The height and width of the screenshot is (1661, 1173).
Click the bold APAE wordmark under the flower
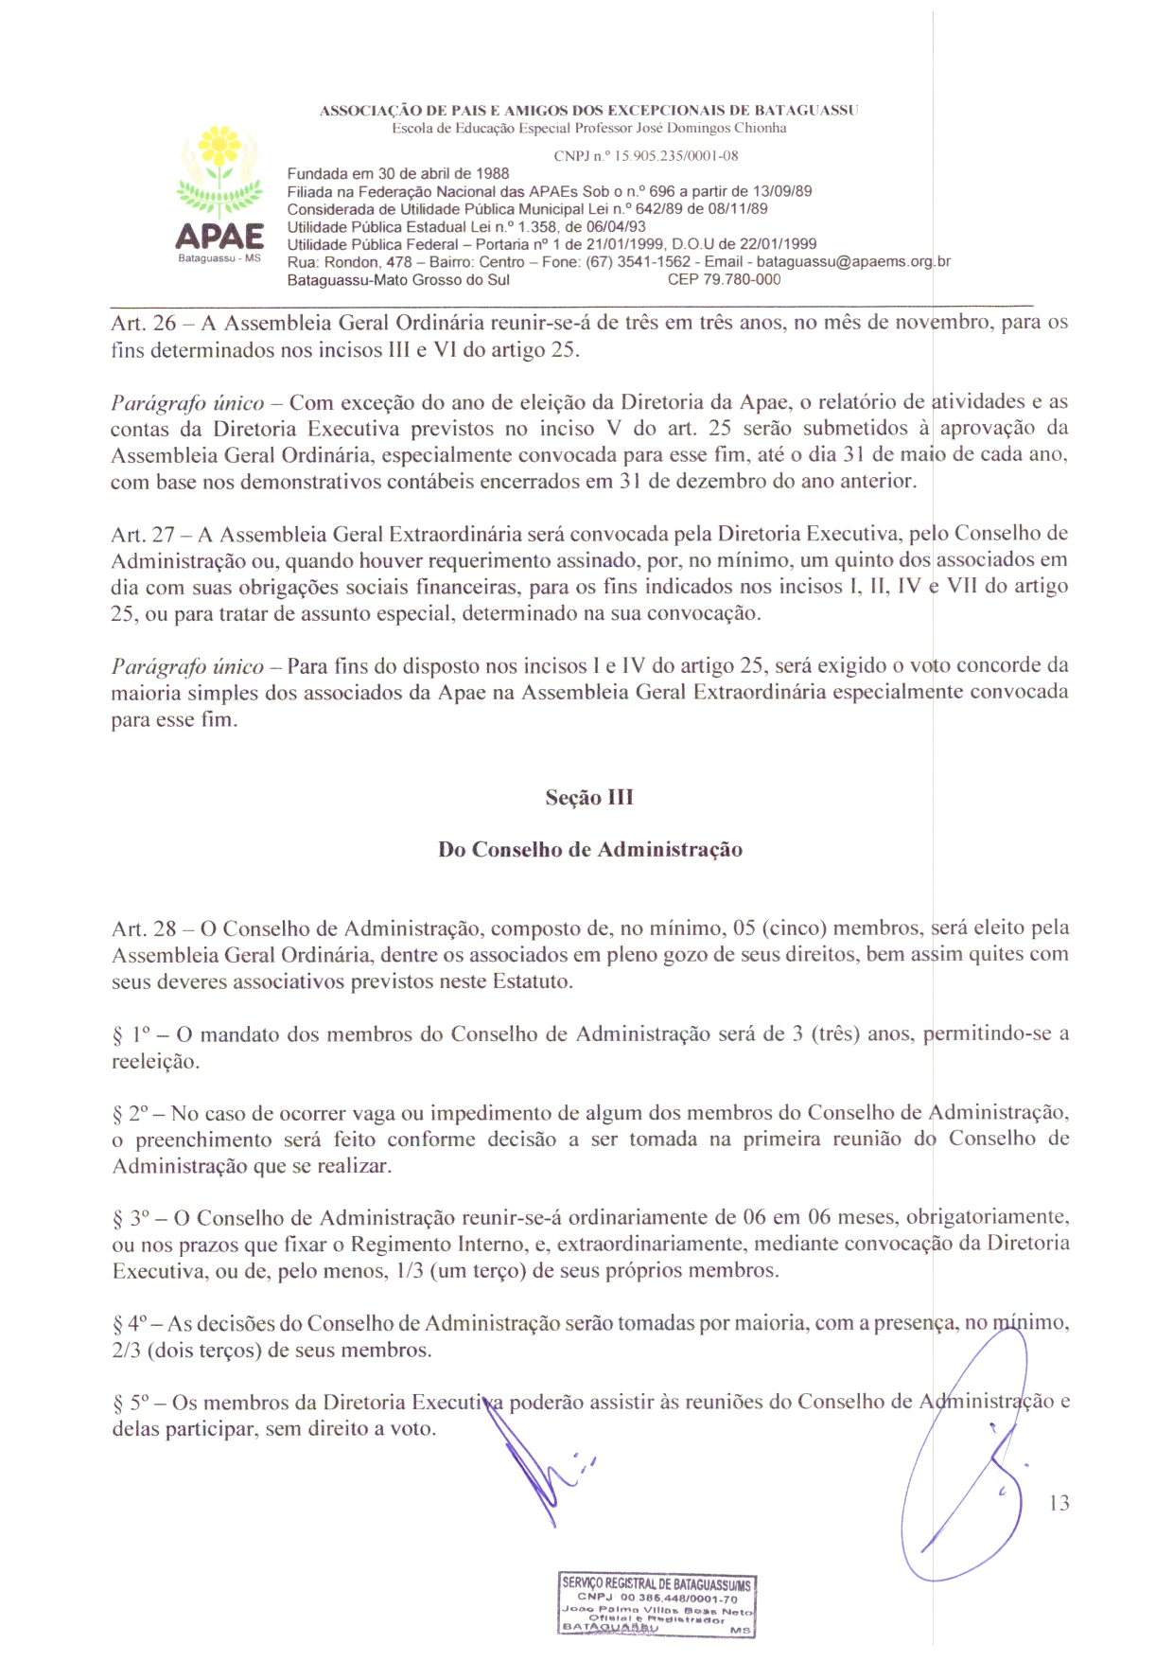(219, 236)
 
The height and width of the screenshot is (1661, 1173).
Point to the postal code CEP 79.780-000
(724, 280)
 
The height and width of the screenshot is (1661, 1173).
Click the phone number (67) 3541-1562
(639, 262)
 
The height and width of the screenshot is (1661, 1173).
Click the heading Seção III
(589, 798)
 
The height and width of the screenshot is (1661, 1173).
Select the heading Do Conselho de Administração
(589, 850)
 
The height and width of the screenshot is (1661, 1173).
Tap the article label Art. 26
(143, 323)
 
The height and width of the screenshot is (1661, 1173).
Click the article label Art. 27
(143, 535)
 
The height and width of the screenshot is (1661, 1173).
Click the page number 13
(1059, 1503)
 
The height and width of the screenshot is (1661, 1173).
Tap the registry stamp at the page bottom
(657, 1605)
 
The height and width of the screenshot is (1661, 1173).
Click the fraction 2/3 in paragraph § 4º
(126, 1351)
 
